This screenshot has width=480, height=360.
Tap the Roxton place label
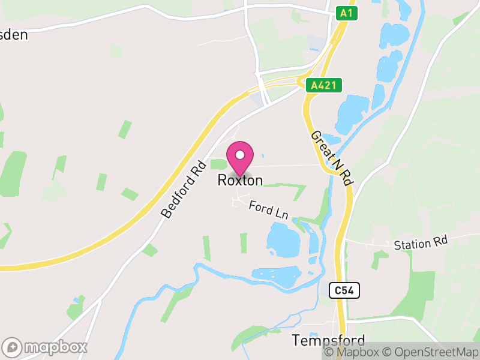coord(240,180)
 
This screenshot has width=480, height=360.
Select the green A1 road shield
coord(345,13)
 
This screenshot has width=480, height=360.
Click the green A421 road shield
coord(323,86)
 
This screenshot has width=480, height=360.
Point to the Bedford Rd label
coord(183,188)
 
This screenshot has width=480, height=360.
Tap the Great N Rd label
coord(331,157)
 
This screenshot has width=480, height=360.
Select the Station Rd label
coord(421,244)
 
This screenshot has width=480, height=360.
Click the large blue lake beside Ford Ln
coord(283,240)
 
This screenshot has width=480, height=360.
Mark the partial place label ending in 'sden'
coord(13,34)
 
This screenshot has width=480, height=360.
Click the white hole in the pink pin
coord(240,155)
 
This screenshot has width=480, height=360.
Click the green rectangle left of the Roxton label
coord(218,164)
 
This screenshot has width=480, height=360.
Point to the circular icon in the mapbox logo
coord(13,347)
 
